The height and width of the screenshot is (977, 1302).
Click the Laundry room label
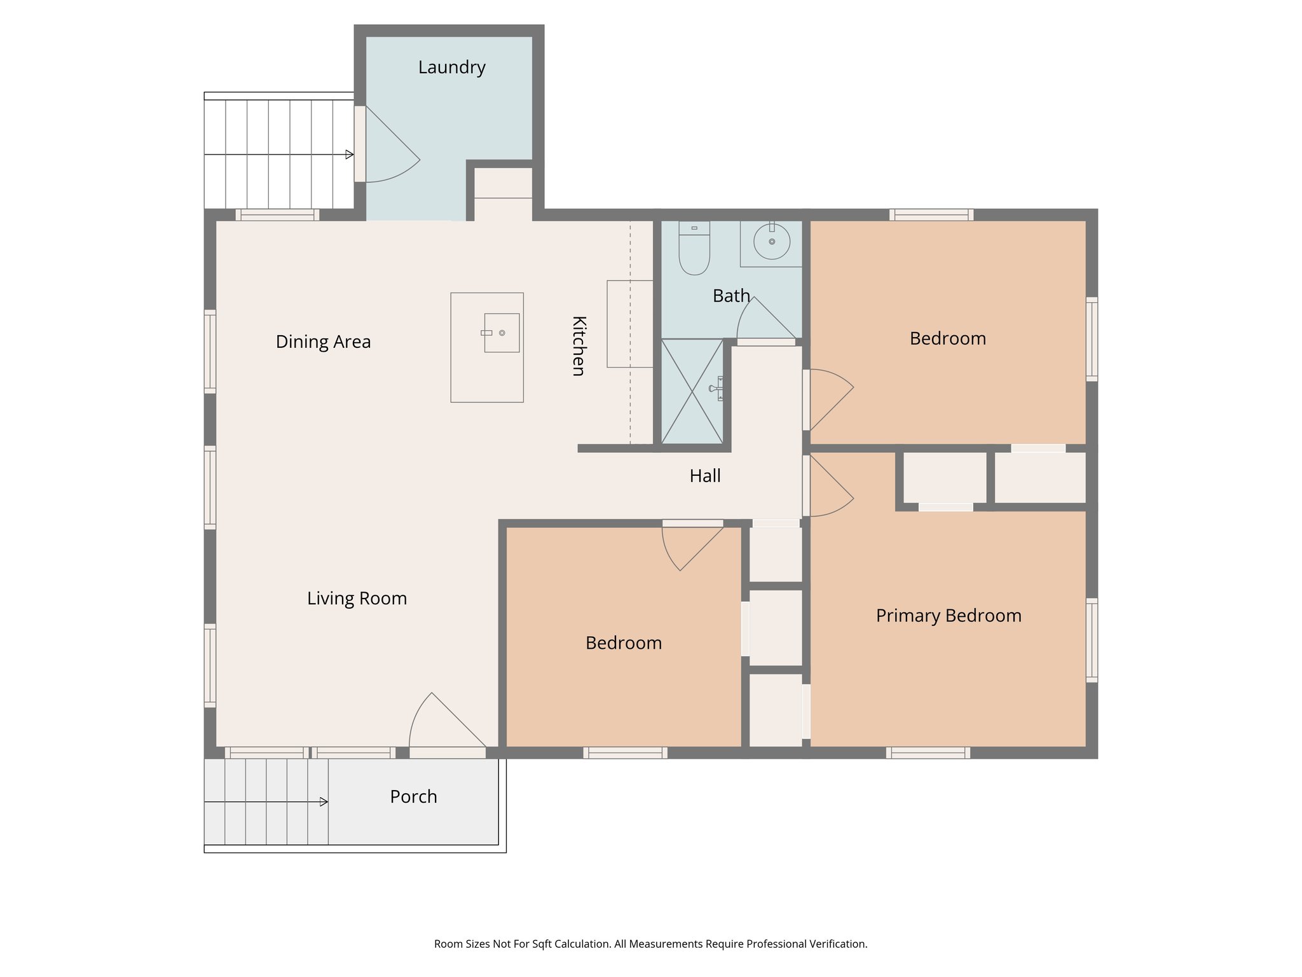click(451, 67)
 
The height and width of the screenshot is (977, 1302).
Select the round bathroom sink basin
click(772, 242)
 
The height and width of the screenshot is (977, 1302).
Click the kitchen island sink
click(502, 333)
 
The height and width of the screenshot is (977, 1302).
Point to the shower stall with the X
click(692, 392)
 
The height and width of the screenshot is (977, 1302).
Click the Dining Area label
click(323, 342)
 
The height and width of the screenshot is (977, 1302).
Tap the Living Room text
click(357, 599)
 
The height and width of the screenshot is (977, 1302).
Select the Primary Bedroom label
click(948, 616)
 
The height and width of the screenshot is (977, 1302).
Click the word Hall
click(705, 476)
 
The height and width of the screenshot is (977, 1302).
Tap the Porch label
click(413, 797)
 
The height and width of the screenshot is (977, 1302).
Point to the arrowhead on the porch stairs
click(324, 802)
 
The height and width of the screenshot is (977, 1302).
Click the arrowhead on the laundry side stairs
click(349, 155)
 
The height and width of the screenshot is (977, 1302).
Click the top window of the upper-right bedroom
click(931, 215)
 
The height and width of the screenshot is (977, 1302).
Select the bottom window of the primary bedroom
click(928, 753)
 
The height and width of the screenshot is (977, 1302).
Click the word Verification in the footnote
click(837, 944)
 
